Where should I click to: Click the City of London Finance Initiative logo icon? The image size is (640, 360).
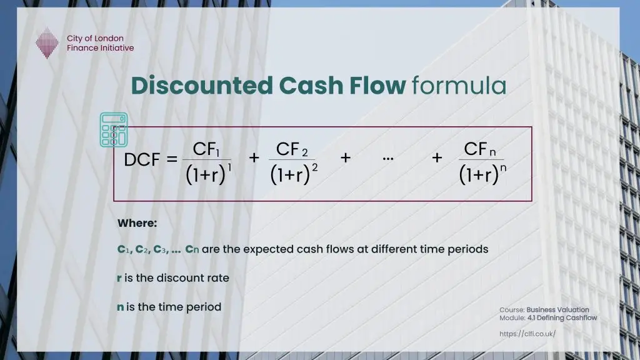point(47,44)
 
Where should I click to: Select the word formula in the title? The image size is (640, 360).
point(459,86)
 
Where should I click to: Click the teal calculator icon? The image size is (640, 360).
point(114,129)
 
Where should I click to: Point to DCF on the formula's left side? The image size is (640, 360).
point(142,160)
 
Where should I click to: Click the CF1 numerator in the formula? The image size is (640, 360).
point(206,150)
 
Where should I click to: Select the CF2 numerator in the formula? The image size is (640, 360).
point(292,149)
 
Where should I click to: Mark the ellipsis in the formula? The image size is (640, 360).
point(387,158)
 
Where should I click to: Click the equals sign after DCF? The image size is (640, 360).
point(172,160)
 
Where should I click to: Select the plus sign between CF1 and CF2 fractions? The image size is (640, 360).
point(254,158)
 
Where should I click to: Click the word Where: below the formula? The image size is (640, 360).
point(137,223)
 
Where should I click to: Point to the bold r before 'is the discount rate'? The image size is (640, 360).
point(119,278)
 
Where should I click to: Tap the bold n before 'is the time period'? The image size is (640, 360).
point(121,307)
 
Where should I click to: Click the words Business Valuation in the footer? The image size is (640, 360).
point(557,310)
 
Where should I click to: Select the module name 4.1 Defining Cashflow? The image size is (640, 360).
point(562,318)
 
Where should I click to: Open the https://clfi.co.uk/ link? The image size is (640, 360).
point(527,334)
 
